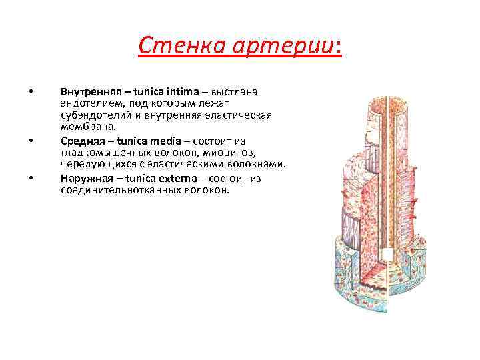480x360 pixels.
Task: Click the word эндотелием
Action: pyautogui.click(x=87, y=103)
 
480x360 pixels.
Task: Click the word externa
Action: pyautogui.click(x=178, y=178)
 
